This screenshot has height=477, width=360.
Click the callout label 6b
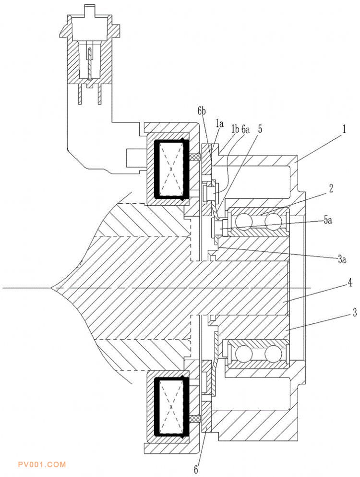(x=201, y=111)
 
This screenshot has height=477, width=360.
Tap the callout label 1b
(x=235, y=129)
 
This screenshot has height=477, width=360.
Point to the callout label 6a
(x=245, y=129)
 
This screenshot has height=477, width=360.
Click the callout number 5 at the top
(x=260, y=129)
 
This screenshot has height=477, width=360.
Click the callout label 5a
(x=327, y=220)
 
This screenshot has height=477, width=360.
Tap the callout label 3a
(x=341, y=259)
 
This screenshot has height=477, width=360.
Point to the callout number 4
(x=349, y=283)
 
